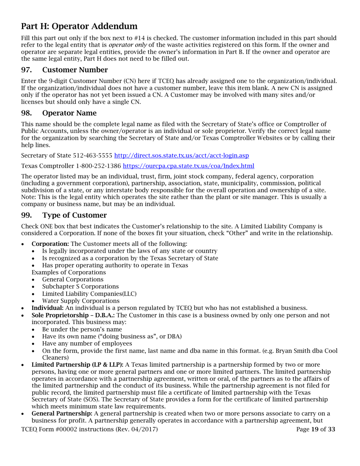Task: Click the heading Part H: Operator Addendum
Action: point(79,26)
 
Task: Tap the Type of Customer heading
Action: point(74,216)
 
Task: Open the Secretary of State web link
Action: point(182,156)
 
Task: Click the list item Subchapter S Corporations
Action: point(80,286)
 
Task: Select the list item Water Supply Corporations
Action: point(81,301)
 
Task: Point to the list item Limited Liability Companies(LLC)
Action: point(89,294)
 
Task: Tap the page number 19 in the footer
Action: point(315,429)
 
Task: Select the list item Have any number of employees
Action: point(87,344)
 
